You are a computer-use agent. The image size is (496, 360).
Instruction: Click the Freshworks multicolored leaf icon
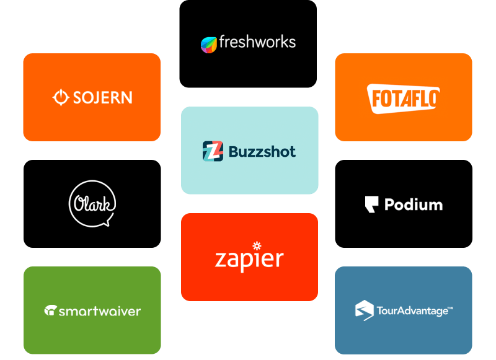click(x=209, y=45)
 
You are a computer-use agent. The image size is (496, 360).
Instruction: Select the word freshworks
click(x=257, y=42)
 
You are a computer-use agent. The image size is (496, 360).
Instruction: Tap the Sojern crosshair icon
click(x=61, y=97)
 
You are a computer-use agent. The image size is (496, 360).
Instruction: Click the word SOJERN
click(x=102, y=97)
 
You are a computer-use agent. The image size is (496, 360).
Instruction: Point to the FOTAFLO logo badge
click(x=404, y=99)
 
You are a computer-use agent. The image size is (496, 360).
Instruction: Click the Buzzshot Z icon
click(x=213, y=151)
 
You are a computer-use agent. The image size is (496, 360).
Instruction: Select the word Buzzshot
click(x=262, y=152)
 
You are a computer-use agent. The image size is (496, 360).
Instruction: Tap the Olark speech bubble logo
click(x=92, y=204)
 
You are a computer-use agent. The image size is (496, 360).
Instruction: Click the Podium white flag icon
click(x=371, y=204)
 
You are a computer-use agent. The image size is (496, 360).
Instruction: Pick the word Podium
click(x=414, y=204)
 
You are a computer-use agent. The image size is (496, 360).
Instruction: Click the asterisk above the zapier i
click(x=257, y=245)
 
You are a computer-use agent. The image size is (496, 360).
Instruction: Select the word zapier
click(x=249, y=259)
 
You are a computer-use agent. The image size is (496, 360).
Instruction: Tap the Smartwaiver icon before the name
click(x=50, y=310)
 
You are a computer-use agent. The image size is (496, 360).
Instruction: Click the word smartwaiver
click(x=100, y=311)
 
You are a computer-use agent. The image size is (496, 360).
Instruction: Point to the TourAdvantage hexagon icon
click(x=365, y=310)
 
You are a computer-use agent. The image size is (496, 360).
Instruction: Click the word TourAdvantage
click(x=412, y=311)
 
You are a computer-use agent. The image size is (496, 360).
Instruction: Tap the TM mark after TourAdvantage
click(x=451, y=307)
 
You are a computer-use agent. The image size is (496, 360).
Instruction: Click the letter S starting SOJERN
click(x=77, y=97)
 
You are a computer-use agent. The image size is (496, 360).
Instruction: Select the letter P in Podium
click(x=389, y=204)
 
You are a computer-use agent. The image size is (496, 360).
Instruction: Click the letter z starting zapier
click(x=220, y=260)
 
